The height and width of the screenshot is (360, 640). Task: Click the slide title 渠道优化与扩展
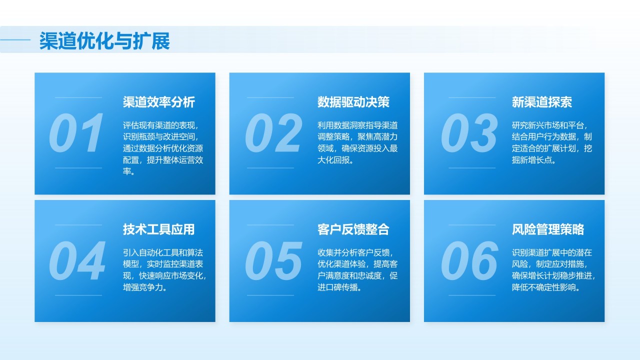pyautogui.click(x=104, y=41)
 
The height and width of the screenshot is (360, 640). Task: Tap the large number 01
pyautogui.click(x=77, y=133)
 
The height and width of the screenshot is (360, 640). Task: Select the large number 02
pyautogui.click(x=273, y=133)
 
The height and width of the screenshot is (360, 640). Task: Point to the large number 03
pyautogui.click(x=469, y=133)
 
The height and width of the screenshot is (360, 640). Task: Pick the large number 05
pyautogui.click(x=273, y=261)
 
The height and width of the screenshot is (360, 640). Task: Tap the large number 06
pyautogui.click(x=469, y=261)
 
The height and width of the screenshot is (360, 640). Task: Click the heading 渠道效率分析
pyautogui.click(x=159, y=102)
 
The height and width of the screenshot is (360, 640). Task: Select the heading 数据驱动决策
pyautogui.click(x=353, y=102)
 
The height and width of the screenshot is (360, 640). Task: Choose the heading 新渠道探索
pyautogui.click(x=542, y=102)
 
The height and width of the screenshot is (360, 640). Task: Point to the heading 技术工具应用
pyautogui.click(x=159, y=229)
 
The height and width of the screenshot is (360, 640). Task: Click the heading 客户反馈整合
pyautogui.click(x=353, y=229)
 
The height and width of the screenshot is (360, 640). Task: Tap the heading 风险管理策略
pyautogui.click(x=548, y=229)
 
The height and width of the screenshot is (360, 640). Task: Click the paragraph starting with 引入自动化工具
pyautogui.click(x=164, y=270)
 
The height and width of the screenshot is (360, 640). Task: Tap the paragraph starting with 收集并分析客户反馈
pyautogui.click(x=357, y=270)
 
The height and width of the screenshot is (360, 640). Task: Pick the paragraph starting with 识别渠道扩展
pyautogui.click(x=553, y=270)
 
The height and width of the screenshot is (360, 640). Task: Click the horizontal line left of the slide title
pyautogui.click(x=15, y=39)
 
